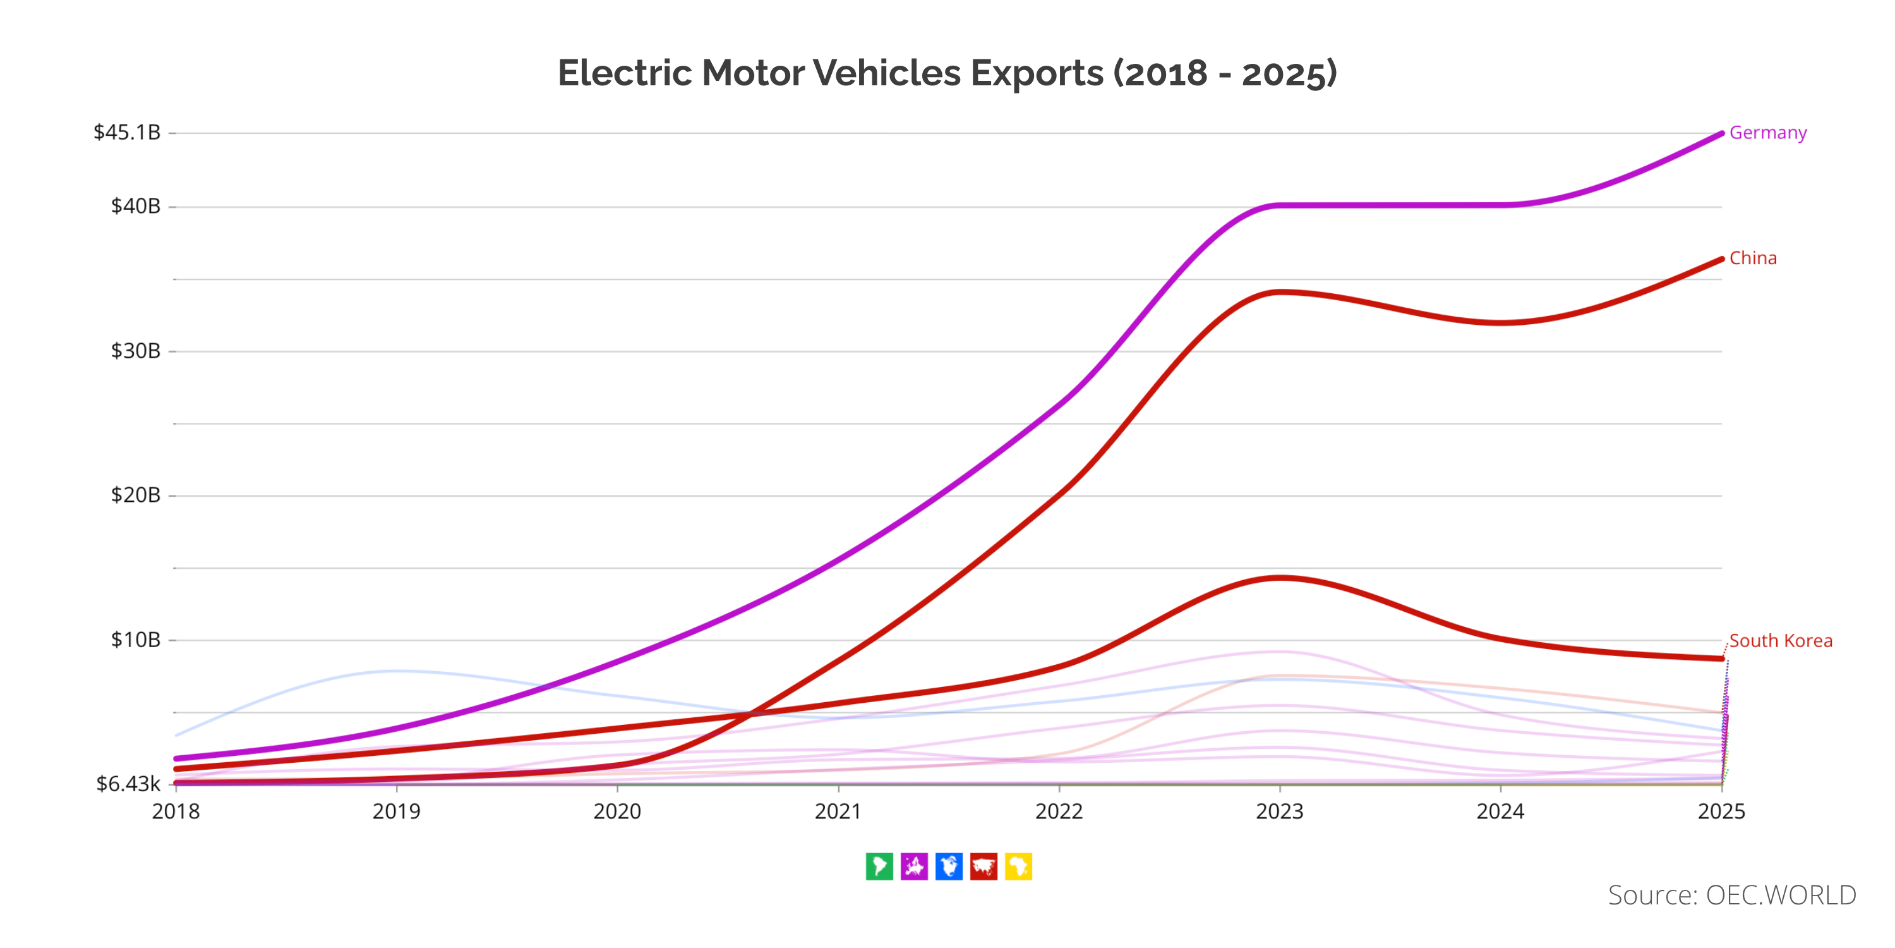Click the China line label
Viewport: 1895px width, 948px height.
click(x=1752, y=258)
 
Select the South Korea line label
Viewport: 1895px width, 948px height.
click(x=1779, y=640)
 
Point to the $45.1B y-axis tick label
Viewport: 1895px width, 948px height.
click(x=126, y=133)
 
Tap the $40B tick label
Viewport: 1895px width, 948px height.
click(x=135, y=206)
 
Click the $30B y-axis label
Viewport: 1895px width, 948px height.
click(x=135, y=351)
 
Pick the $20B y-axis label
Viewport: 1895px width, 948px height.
click(x=135, y=495)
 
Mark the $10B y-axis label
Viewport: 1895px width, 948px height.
click(x=135, y=640)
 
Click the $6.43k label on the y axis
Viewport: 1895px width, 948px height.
click(x=128, y=784)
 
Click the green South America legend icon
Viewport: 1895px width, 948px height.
click(x=879, y=866)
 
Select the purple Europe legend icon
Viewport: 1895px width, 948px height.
click(x=913, y=866)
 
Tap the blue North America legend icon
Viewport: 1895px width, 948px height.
click(x=949, y=866)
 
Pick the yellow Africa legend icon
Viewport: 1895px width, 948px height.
click(x=1018, y=866)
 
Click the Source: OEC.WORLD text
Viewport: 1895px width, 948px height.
click(x=1731, y=895)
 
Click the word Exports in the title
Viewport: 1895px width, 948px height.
click(x=1036, y=73)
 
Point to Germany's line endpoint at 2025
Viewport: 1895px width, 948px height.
click(x=1721, y=133)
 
